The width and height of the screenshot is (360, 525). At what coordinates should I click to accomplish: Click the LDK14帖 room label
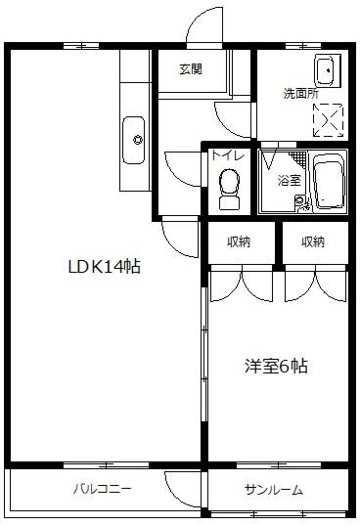(103, 265)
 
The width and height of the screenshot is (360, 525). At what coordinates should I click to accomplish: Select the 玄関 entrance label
(191, 68)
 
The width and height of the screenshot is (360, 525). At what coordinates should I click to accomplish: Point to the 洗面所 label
(300, 94)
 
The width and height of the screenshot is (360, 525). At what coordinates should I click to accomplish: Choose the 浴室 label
(290, 180)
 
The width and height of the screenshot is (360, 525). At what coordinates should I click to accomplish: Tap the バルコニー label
(102, 489)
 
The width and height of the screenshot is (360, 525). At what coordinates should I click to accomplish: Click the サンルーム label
(274, 490)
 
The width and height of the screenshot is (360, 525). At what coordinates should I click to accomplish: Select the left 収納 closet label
(238, 241)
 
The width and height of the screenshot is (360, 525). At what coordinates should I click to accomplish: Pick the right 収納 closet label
(313, 241)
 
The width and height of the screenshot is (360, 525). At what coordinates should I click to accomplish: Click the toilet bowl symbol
(230, 186)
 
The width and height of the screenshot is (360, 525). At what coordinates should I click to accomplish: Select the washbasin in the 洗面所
(324, 70)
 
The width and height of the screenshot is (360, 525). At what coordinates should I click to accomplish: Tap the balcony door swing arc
(182, 485)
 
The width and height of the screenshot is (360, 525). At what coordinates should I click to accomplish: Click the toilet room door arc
(184, 165)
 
